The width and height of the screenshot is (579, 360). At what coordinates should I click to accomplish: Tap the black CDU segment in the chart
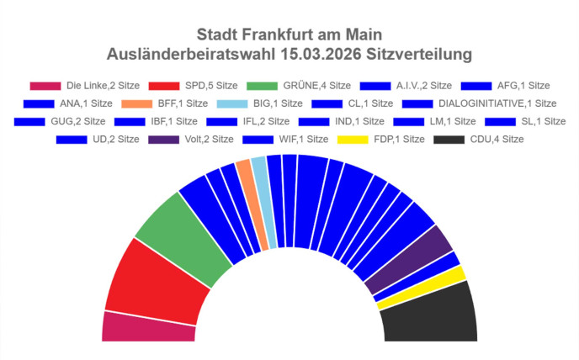429,315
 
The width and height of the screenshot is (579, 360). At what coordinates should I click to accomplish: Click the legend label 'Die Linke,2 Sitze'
104,86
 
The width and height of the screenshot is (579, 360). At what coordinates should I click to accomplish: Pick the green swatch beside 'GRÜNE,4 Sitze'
263,86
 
